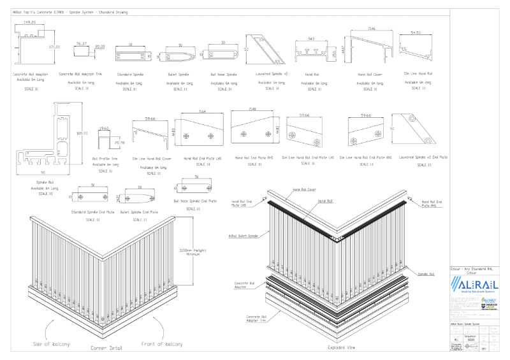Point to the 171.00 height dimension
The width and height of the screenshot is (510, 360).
coord(55,47)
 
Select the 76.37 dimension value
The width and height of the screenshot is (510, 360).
coord(81,43)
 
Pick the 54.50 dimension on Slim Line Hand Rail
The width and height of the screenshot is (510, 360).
coord(416,32)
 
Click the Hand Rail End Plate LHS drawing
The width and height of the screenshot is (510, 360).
coord(201,131)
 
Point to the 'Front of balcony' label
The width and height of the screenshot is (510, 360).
coord(164,343)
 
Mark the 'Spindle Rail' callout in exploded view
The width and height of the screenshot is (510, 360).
coord(426,273)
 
